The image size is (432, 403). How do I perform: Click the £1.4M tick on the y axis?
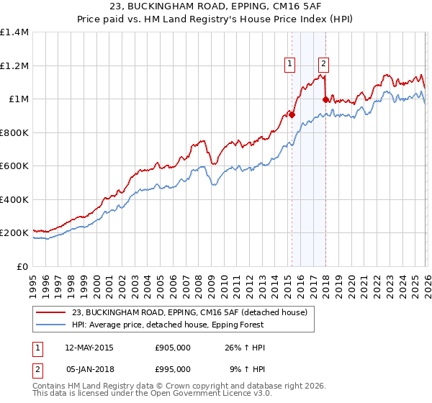(x=14, y=32)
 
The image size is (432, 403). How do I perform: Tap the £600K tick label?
(x=14, y=166)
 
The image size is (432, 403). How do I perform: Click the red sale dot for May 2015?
(x=292, y=115)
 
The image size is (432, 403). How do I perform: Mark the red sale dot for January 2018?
(x=326, y=100)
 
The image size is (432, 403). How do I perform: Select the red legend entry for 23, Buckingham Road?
(x=189, y=312)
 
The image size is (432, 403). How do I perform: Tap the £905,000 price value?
(x=173, y=348)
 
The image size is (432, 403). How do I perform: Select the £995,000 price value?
(x=173, y=368)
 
